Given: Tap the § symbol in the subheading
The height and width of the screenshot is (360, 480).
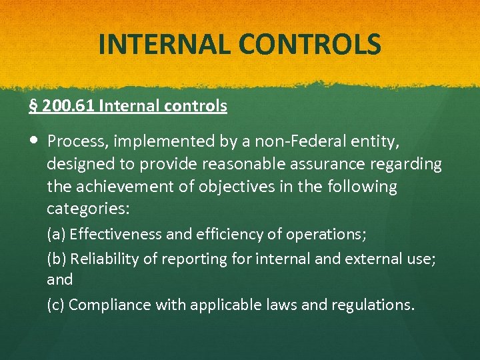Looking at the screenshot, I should [x=33, y=106].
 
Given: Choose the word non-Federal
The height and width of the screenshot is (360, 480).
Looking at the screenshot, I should [x=280, y=141].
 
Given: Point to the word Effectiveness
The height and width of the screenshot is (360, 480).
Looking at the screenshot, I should [x=115, y=235].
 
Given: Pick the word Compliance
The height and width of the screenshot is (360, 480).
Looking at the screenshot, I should [x=109, y=305].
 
